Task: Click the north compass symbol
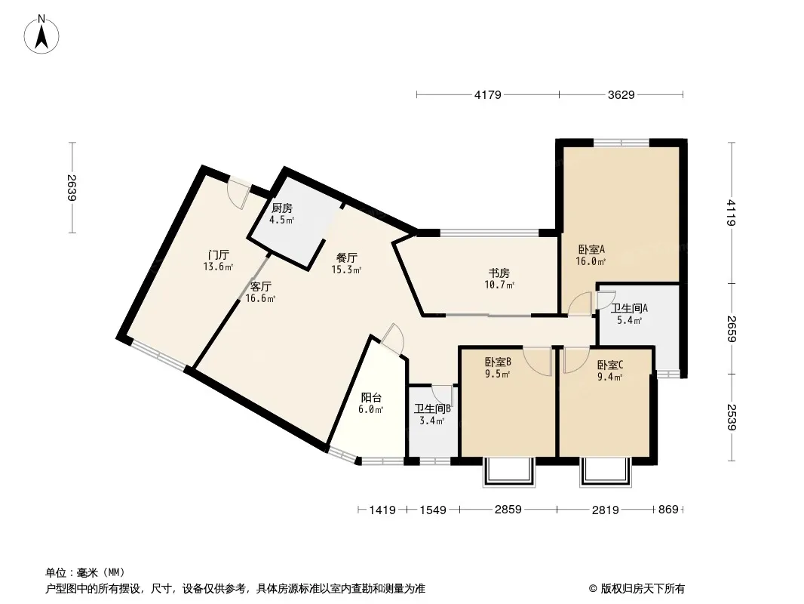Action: tap(43, 34)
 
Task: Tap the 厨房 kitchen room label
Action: tap(282, 208)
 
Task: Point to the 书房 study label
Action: tap(499, 273)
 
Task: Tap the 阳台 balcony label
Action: tap(370, 398)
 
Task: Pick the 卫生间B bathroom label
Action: tap(432, 409)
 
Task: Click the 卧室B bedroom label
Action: tap(498, 362)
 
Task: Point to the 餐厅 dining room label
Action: tap(346, 257)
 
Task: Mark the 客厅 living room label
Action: tap(260, 287)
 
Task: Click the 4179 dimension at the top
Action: tap(488, 95)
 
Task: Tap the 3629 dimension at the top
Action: tap(621, 95)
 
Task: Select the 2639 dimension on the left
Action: tap(72, 188)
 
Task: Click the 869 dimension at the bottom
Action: tap(668, 510)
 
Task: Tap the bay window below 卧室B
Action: tap(508, 472)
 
